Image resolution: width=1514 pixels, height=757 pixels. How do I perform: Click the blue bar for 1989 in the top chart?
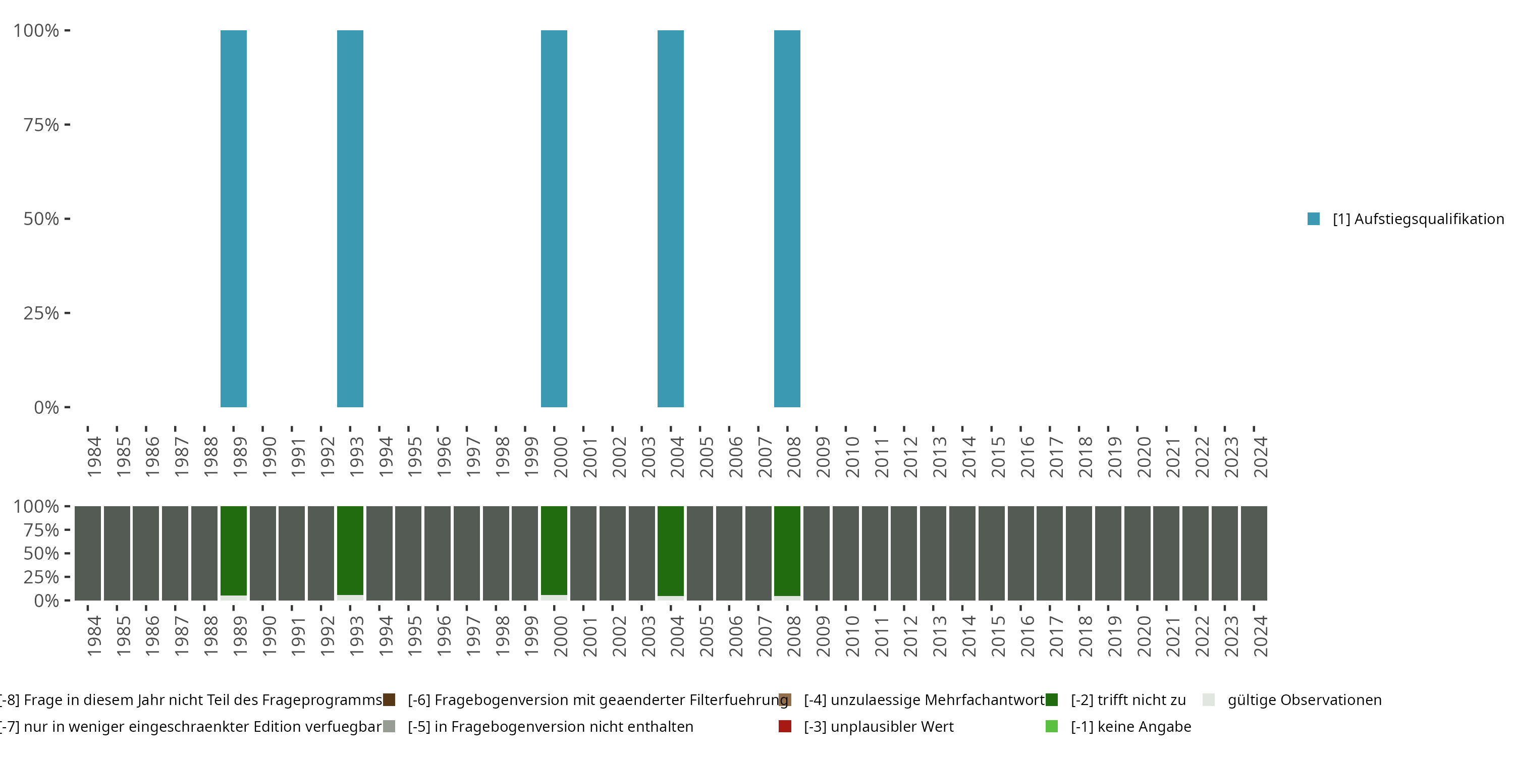point(233,219)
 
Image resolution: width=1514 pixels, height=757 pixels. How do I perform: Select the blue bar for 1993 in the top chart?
point(350,219)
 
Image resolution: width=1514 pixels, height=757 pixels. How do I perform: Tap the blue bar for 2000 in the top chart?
point(554,219)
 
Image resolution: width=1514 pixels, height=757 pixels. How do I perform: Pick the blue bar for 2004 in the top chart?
point(671,219)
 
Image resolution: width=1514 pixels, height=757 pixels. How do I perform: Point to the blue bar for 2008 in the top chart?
point(787,219)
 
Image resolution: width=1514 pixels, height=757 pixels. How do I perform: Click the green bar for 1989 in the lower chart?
point(233,550)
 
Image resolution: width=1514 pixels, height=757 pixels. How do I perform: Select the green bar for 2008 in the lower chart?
point(787,550)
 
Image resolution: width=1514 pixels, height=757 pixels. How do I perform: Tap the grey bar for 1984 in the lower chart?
point(88,553)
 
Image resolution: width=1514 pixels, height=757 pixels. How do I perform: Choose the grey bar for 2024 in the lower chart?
point(1254,553)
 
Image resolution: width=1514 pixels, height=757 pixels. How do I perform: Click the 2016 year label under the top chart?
point(1028,457)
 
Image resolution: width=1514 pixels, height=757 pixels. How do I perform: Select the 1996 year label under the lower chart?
point(444,636)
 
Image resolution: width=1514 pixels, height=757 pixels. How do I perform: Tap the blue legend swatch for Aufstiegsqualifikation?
point(1314,219)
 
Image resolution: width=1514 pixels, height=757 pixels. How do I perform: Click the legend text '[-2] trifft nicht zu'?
point(1128,700)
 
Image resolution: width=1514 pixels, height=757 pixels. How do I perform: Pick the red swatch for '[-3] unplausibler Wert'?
point(785,726)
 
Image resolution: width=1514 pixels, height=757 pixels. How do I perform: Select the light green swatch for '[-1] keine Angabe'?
point(1051,726)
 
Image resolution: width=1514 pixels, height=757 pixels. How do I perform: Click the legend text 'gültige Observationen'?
point(1304,700)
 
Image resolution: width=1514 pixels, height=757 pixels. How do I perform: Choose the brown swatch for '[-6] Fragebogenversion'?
point(389,700)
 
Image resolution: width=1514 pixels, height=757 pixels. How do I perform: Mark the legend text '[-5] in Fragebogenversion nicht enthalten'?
point(550,726)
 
